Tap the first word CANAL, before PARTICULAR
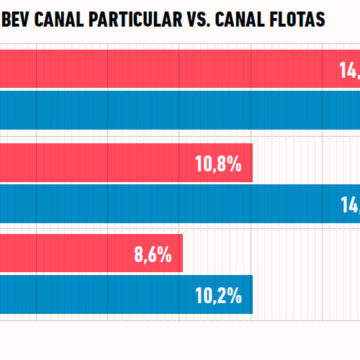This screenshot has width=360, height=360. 67,21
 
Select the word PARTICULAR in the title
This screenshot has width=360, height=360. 150,21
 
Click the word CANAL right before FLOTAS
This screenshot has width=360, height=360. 259,21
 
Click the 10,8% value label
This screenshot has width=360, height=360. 219,163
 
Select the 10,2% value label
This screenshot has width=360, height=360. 219,295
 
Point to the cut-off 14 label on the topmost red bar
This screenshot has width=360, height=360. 347,71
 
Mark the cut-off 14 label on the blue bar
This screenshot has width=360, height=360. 349,203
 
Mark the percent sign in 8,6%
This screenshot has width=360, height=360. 165,254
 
